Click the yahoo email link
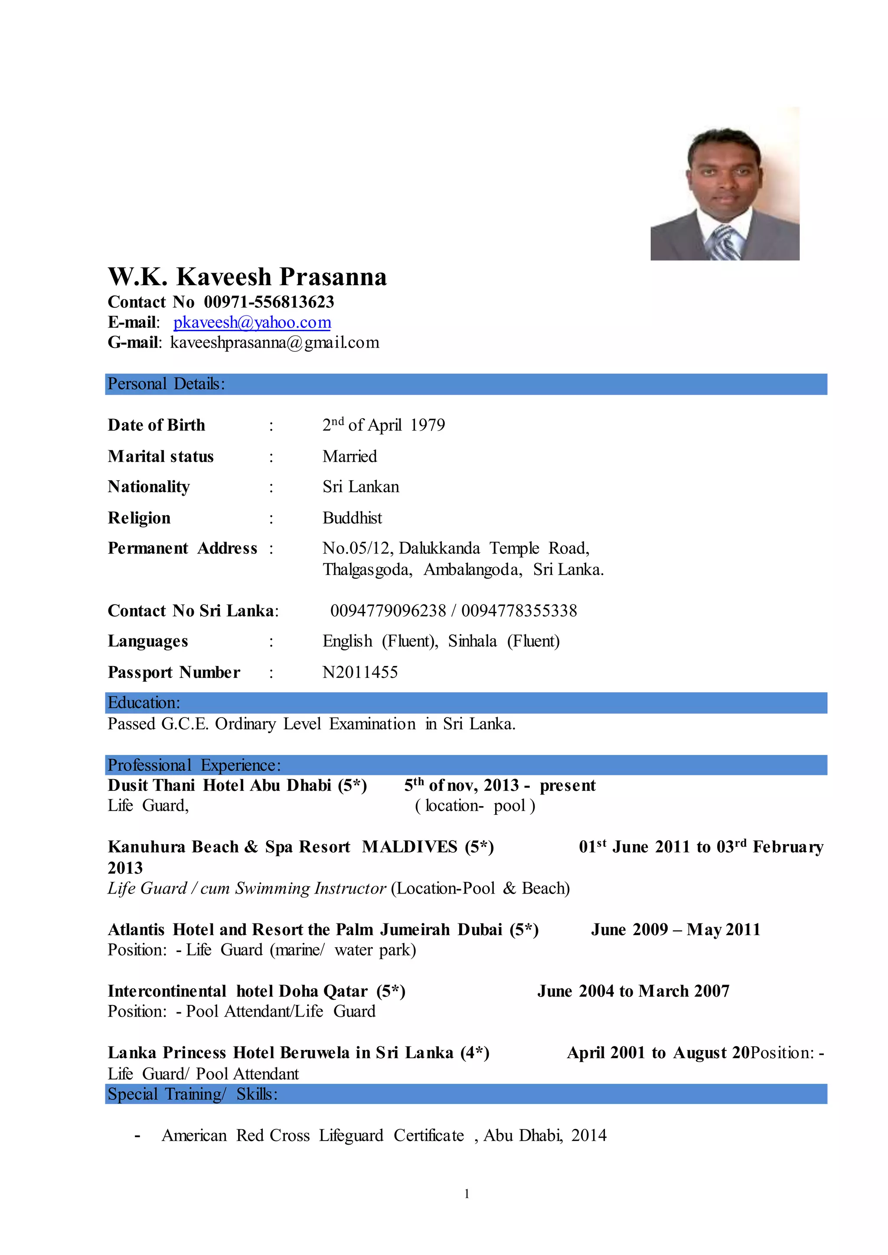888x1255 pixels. coord(252,322)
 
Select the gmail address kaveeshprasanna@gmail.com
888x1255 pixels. coord(274,343)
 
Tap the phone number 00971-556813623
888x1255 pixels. coord(268,302)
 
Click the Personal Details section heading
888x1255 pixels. coord(166,384)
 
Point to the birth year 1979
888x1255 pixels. coord(428,425)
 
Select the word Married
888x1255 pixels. coord(349,456)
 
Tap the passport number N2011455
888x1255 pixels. coord(360,672)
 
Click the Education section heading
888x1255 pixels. coord(144,702)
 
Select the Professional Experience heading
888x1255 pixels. coord(194,765)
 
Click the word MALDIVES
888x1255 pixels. coord(410,847)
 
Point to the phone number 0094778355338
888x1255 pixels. coord(519,611)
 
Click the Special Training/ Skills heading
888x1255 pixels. coord(193,1094)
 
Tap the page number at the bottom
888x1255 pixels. coord(467,1194)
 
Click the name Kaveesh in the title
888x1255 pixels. coord(224,277)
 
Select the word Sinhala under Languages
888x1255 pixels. coord(472,641)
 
